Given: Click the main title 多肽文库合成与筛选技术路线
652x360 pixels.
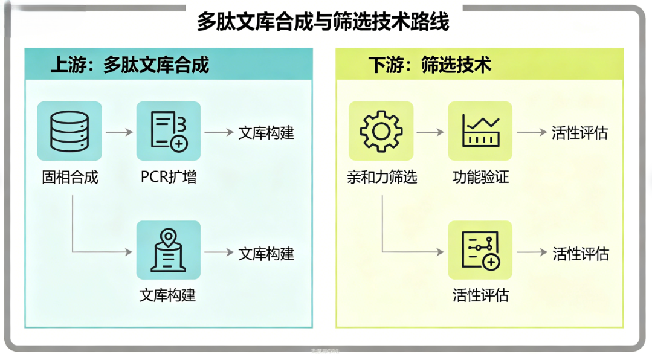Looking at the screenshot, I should tap(323, 22).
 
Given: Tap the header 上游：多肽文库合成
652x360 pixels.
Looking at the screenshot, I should tap(130, 65).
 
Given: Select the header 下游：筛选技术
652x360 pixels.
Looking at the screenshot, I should tap(430, 65).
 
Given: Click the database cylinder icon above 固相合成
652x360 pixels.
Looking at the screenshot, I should tap(69, 131).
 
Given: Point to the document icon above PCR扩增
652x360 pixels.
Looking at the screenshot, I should tap(169, 131).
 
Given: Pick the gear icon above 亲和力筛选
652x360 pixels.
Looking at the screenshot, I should tap(381, 131).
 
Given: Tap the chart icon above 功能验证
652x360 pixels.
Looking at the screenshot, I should tap(480, 131).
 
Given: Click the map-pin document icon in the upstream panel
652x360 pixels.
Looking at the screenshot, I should tap(169, 250).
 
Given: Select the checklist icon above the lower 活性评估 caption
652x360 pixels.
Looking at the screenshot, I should tap(480, 250).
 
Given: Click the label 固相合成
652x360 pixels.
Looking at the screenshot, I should tap(70, 177).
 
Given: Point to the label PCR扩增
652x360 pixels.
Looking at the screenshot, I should tap(169, 177).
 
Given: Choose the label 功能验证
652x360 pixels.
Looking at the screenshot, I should tap(480, 177).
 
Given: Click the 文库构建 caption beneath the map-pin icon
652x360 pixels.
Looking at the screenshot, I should tap(168, 295).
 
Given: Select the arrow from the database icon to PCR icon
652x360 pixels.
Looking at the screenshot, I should tap(119, 132).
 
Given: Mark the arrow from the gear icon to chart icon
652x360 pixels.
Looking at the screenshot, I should tap(431, 132).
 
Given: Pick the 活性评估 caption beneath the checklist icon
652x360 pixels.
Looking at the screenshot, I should tap(480, 295).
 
